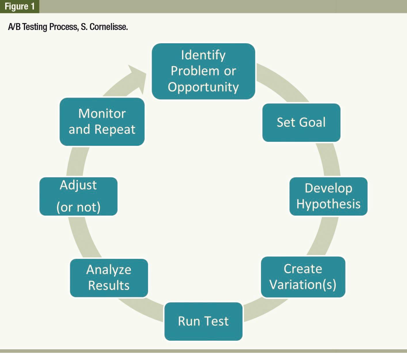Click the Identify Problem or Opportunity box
click(x=203, y=71)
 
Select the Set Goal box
click(x=301, y=122)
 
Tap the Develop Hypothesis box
click(x=328, y=196)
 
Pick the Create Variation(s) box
click(x=303, y=277)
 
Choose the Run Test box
click(x=203, y=321)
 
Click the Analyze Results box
click(x=109, y=278)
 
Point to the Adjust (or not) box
click(x=78, y=196)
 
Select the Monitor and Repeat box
click(x=102, y=122)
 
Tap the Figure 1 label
click(x=20, y=6)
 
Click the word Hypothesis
click(x=328, y=204)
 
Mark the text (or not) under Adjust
click(x=78, y=207)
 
